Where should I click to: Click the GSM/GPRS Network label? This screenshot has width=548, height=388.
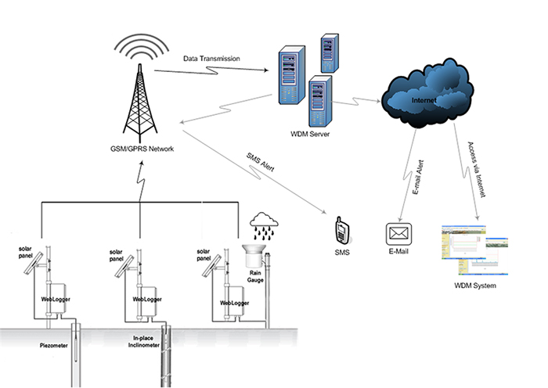point(142,149)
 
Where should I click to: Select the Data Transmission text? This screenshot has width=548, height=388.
point(211,59)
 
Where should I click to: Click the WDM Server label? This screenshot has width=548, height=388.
point(310,134)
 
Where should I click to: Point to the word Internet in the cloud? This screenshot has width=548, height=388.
point(424,100)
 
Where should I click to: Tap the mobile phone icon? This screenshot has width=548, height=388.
point(342,231)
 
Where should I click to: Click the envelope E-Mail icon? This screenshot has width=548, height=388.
point(398,234)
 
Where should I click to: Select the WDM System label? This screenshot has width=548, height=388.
point(475,286)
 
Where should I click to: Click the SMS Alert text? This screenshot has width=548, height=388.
point(261,162)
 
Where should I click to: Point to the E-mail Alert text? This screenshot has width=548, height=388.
point(418,177)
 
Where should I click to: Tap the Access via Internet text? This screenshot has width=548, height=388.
point(477,170)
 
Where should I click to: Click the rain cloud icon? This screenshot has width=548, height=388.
point(264,226)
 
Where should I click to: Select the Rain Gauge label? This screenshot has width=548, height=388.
point(255,277)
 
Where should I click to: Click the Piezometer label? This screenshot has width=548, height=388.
point(53,346)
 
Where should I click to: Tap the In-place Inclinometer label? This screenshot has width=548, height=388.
point(143,342)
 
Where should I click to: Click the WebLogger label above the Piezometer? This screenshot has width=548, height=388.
point(56,300)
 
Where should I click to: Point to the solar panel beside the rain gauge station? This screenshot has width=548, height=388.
point(211,265)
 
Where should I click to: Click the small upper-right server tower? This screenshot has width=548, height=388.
point(330,53)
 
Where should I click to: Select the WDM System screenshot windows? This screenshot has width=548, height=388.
point(474,250)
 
